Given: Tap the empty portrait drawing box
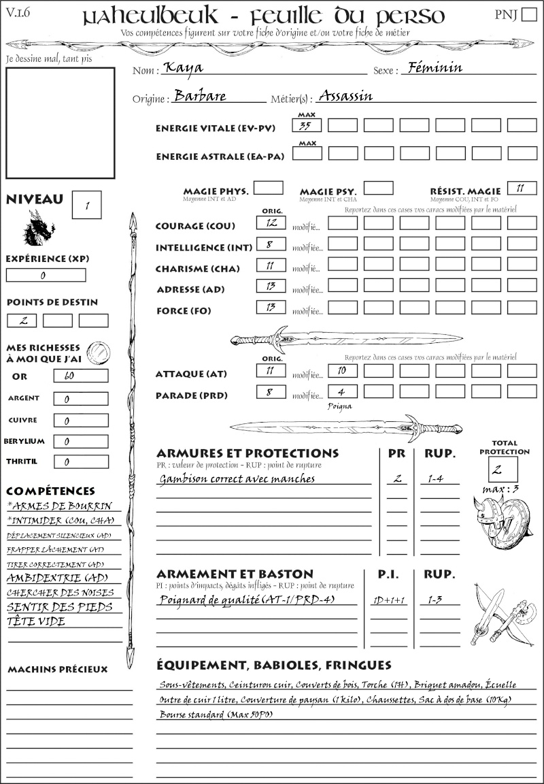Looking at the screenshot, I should pos(60,122).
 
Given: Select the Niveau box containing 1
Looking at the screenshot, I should pos(86,205).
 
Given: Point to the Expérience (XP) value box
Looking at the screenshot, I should pos(46,276).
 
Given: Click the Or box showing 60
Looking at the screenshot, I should pos(80,376).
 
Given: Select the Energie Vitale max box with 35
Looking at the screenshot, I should pos(307,125).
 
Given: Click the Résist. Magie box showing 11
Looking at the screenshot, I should pos(522,188).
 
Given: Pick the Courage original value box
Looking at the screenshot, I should pos(271,223).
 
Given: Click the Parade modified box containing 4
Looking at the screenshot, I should pos(342,392).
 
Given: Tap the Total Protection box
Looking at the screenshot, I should pos(503,470).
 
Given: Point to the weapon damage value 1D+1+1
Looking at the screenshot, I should pos(389,600).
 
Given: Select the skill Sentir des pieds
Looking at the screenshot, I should pos(59,607).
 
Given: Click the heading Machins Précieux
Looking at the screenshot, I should pos(58,670).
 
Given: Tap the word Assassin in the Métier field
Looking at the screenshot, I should pos(345,96).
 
